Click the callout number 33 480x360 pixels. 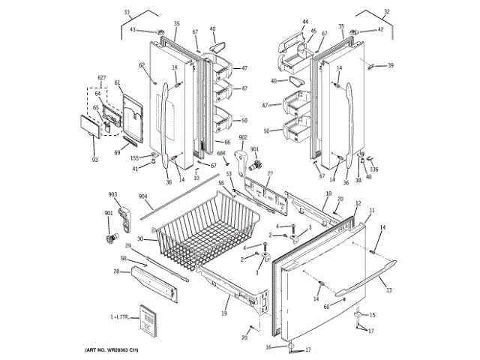point(127,12)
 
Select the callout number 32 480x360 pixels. point(387,11)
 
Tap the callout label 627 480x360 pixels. point(102,78)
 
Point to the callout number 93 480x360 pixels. point(94,160)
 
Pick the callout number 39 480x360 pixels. point(390,66)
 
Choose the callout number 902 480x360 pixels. point(243,138)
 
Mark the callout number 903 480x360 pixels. point(112,195)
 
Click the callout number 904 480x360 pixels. point(143,197)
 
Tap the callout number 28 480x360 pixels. point(117,271)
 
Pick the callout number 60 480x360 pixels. point(326,306)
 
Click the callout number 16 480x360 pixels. point(268,347)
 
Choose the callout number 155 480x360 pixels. point(134,157)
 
